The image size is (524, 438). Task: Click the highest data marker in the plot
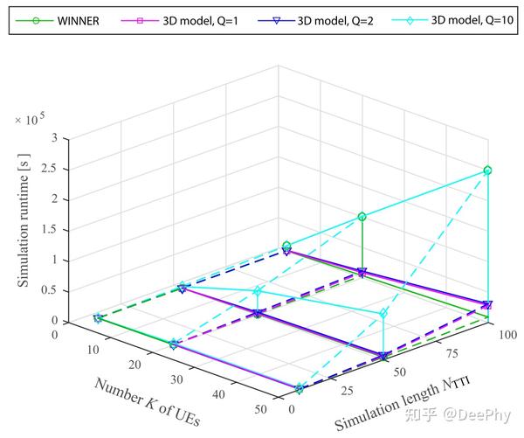click(487, 170)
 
